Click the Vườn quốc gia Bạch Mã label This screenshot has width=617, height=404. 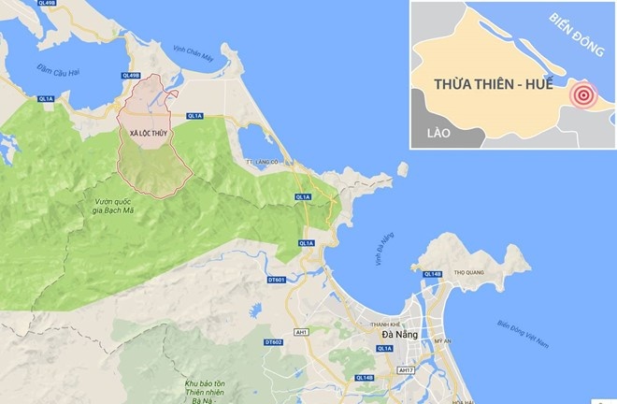tap(118, 207)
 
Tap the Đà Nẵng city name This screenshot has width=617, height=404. tap(401, 334)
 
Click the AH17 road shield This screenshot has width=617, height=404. tap(405, 370)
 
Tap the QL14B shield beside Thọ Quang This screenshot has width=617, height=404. tap(433, 274)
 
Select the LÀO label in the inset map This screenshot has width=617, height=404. tap(438, 134)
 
